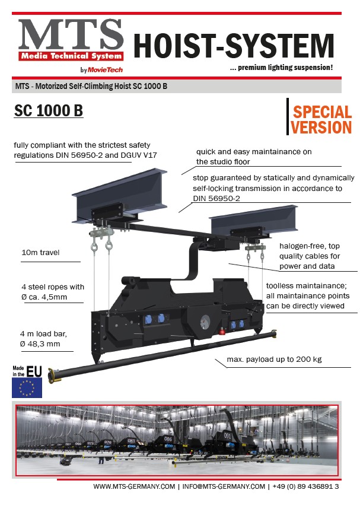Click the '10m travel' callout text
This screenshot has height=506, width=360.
click(40, 253)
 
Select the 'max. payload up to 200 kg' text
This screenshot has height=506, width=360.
click(275, 359)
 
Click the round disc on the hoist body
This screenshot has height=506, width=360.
click(204, 321)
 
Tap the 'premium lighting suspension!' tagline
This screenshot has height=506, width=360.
click(282, 68)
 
